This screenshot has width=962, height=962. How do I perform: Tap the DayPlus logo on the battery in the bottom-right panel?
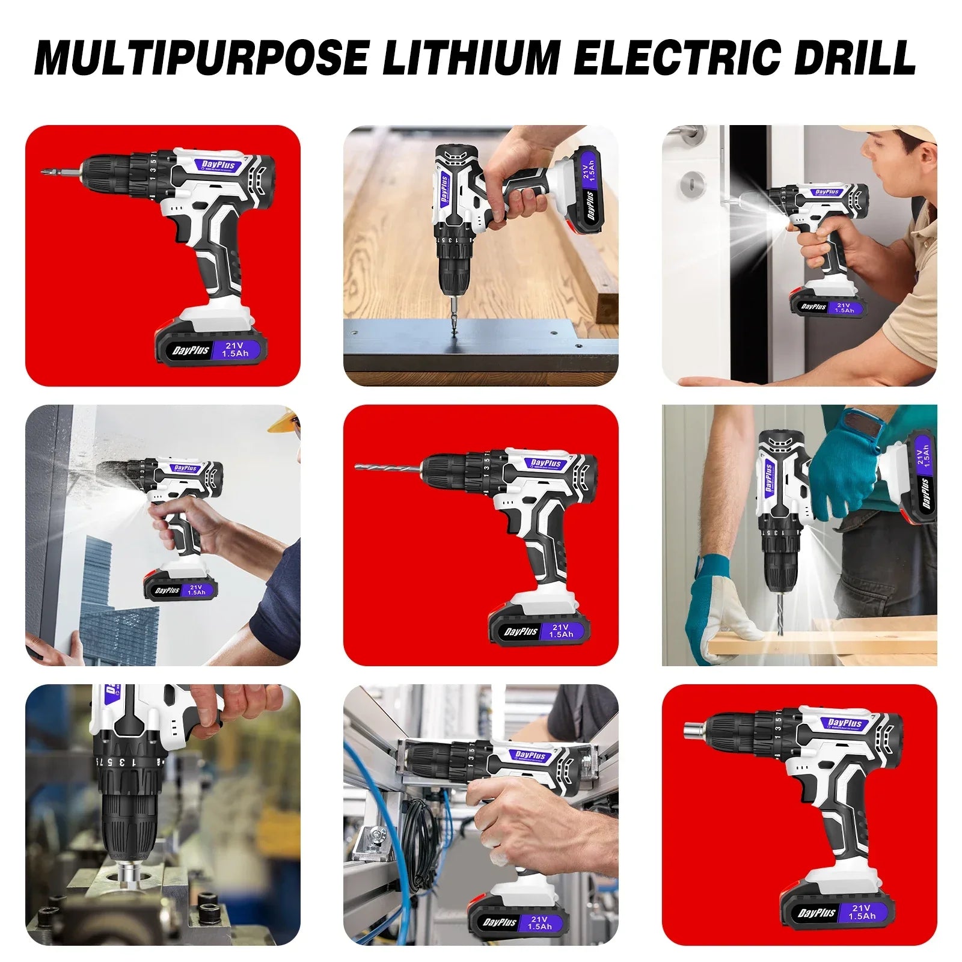[816, 913]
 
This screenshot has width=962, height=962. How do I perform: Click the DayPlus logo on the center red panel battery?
[521, 631]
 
